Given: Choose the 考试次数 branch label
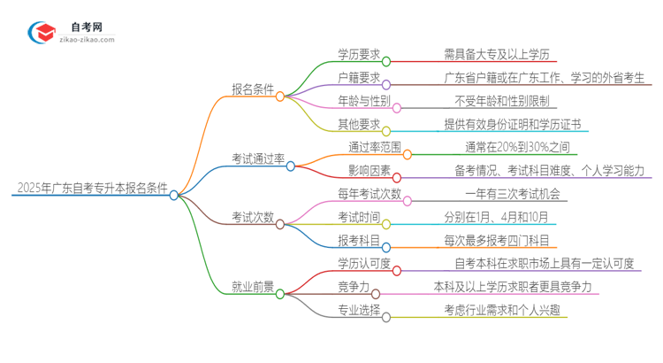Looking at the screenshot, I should click(x=253, y=217).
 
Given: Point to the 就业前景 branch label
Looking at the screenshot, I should click(x=253, y=287).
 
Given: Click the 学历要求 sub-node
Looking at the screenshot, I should click(x=359, y=53).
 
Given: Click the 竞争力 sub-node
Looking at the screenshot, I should click(x=352, y=287).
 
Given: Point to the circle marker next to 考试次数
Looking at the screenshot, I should click(x=280, y=225).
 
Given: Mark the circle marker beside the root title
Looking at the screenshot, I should click(x=174, y=195).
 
